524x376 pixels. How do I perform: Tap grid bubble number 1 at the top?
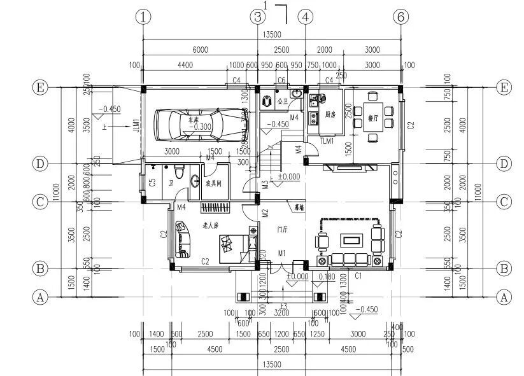pos(144,17)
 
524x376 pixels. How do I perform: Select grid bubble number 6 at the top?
pos(400,17)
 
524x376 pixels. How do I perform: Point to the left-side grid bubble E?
pos(41,87)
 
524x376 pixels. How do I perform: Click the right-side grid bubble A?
pos(504,296)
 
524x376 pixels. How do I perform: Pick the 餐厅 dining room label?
pos(373,118)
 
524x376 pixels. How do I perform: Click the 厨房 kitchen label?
pos(330,115)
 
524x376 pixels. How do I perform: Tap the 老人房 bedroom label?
pos(211,225)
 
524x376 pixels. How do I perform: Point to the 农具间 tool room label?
pos(213,183)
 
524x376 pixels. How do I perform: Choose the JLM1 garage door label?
pos(136,126)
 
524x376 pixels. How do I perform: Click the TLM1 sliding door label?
pos(327,141)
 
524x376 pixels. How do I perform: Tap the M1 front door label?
pos(281,254)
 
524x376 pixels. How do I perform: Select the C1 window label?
pos(358,276)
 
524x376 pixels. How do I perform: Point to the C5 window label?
pos(152,184)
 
